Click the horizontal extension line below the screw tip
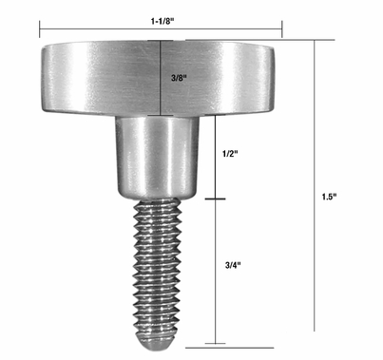pyautogui.click(x=238, y=344)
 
